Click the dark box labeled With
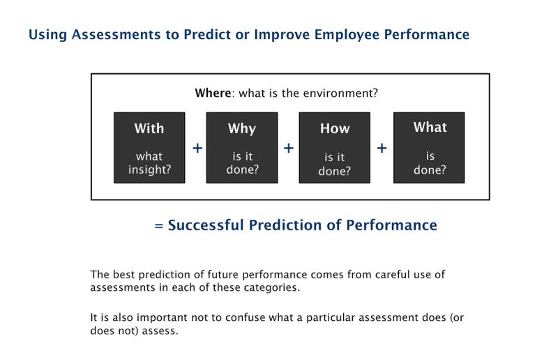point(149,148)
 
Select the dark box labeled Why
point(242,148)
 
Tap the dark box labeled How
point(334,148)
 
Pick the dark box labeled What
point(429,148)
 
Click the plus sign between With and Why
point(197,149)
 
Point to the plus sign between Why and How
point(289,149)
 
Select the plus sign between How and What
point(382,149)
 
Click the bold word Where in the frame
point(212,93)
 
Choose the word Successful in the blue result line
point(205,225)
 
